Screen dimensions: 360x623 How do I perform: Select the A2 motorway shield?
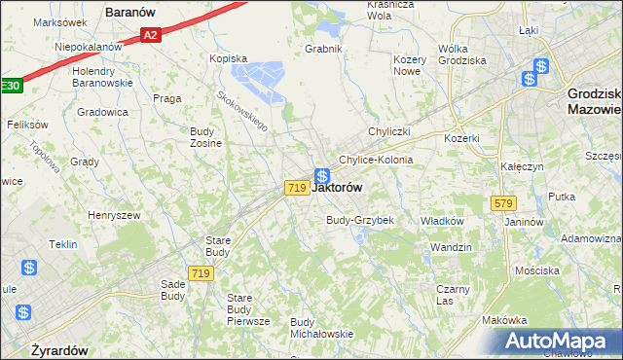coord(149,35)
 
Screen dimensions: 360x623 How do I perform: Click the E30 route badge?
coord(9,86)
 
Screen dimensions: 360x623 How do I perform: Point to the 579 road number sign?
coord(502,203)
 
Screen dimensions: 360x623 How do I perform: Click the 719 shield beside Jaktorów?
coord(297,187)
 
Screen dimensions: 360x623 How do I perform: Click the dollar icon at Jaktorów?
coord(320,177)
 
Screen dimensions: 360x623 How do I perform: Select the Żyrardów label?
coord(59,349)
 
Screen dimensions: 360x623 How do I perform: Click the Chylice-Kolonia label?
coord(376,160)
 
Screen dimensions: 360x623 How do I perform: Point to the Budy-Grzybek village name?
coord(359,220)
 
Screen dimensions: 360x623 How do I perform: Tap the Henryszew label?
coord(114,215)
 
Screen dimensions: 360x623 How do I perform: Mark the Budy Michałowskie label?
coord(321,328)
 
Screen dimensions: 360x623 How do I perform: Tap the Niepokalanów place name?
coord(88,46)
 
